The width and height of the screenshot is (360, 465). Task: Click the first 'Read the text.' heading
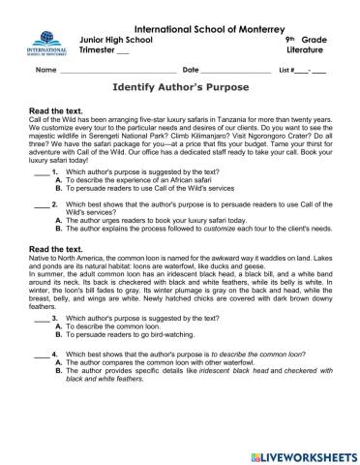[61, 110]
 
